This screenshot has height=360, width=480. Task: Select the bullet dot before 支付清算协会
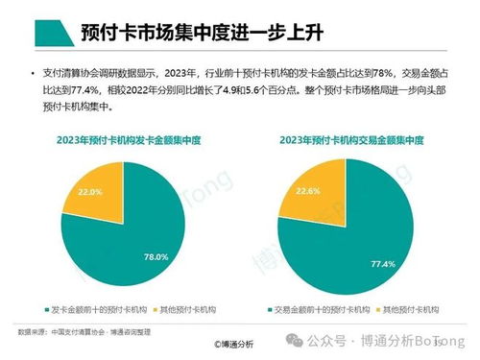(33, 73)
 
